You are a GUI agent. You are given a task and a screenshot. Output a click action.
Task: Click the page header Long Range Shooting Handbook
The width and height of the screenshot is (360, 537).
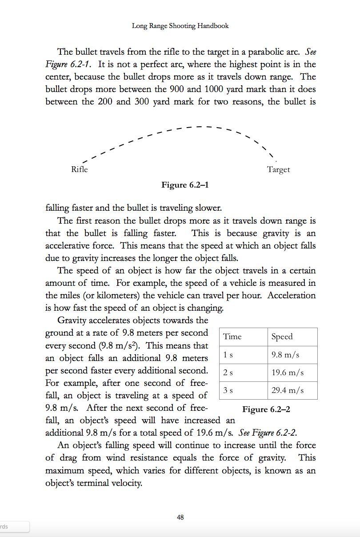click(x=180, y=26)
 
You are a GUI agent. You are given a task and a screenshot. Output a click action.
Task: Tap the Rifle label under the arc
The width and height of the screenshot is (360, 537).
click(x=80, y=169)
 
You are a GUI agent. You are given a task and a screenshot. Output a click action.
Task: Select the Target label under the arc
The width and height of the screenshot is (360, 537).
click(x=278, y=169)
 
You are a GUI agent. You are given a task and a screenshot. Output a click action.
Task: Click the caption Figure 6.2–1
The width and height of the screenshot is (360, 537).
click(x=185, y=185)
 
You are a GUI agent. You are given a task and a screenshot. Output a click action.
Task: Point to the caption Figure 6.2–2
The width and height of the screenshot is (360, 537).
click(x=266, y=409)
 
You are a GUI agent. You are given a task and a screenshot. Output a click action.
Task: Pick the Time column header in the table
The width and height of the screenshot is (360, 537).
click(x=232, y=337)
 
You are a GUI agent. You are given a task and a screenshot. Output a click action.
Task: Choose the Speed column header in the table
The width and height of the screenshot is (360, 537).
click(x=282, y=337)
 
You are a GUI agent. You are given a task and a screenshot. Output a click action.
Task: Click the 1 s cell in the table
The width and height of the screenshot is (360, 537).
click(x=228, y=355)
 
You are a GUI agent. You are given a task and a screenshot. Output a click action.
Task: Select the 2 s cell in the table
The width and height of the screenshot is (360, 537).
click(x=228, y=373)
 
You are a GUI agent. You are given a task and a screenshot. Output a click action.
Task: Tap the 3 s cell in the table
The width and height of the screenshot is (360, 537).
click(x=228, y=390)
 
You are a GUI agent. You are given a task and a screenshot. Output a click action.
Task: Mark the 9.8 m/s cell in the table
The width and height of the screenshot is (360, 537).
click(x=285, y=355)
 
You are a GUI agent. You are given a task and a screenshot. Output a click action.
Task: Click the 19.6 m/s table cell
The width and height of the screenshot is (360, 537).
click(x=288, y=373)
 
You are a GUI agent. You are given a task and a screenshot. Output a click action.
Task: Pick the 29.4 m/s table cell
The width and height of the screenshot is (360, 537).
click(x=288, y=390)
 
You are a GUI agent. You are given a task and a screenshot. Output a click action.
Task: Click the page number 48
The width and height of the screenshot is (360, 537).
click(x=180, y=517)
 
